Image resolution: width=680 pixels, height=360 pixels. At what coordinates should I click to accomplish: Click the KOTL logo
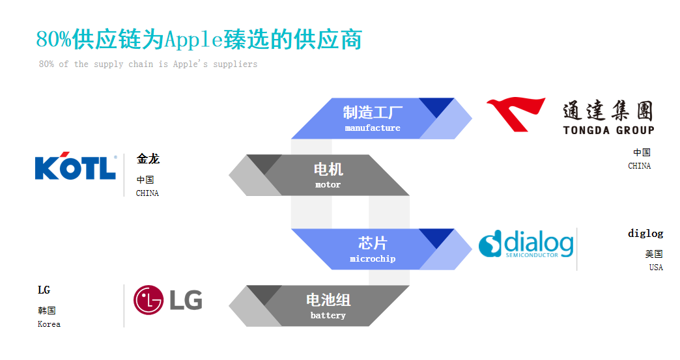pos(76,167)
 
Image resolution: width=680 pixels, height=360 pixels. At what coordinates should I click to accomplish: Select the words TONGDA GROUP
pos(608,130)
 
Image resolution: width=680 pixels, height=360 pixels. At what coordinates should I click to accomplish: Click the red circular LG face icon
pos(149,300)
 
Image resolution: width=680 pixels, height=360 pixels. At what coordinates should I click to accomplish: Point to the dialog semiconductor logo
pos(526,243)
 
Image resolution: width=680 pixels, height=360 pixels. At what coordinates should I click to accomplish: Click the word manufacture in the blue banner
pos(373,128)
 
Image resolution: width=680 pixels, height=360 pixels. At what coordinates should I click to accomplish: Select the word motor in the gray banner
pos(328,185)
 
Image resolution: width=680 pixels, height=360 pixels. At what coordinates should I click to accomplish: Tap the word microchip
pos(373,259)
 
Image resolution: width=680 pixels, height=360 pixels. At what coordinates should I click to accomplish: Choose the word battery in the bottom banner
pos(328,316)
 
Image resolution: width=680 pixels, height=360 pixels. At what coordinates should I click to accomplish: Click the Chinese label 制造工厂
pos(373,112)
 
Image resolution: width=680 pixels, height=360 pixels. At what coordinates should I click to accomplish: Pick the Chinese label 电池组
pos(328,300)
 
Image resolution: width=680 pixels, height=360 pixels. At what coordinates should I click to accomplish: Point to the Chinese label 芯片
pos(373,243)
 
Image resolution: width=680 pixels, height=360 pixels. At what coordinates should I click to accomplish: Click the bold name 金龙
pos(148,159)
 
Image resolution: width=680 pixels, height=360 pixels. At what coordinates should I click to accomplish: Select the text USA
pos(655,268)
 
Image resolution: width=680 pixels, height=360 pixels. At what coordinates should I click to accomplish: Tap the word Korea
pos(49,324)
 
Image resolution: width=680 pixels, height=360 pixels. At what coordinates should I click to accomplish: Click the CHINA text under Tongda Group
pos(639,166)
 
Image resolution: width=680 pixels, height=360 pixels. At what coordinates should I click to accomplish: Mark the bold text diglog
pos(645,233)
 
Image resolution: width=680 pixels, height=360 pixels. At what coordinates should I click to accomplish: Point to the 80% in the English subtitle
pos(46,64)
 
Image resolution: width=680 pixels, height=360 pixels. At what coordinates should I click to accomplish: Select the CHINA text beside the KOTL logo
pos(147,193)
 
